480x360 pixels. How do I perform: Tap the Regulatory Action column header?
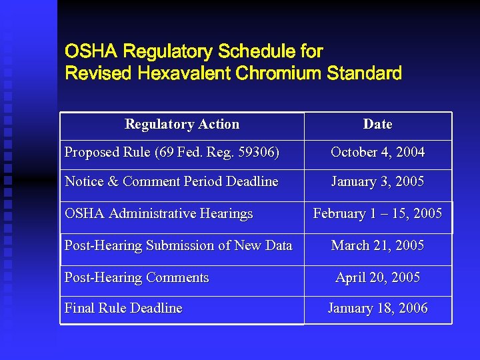pos(182,125)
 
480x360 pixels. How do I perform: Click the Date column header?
pos(377,125)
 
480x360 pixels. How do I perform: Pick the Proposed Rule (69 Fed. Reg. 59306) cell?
pos(172,153)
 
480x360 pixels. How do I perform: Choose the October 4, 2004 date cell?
pos(377,153)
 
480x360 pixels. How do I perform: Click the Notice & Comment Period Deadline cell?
pos(171,182)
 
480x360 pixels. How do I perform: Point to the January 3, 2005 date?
pos(377,182)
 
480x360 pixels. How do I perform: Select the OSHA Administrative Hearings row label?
pos(159,214)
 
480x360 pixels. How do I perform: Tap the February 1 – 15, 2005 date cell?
pos(377,214)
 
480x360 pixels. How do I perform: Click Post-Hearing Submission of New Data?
pos(178,246)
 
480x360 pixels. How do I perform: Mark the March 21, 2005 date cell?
pos(377,246)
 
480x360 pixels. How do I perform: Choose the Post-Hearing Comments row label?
pos(137,278)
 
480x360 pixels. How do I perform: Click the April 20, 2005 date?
pos(377,278)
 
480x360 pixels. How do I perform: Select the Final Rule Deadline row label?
pos(123,309)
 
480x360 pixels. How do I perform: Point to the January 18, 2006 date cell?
pos(377,309)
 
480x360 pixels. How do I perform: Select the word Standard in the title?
pos(365,73)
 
